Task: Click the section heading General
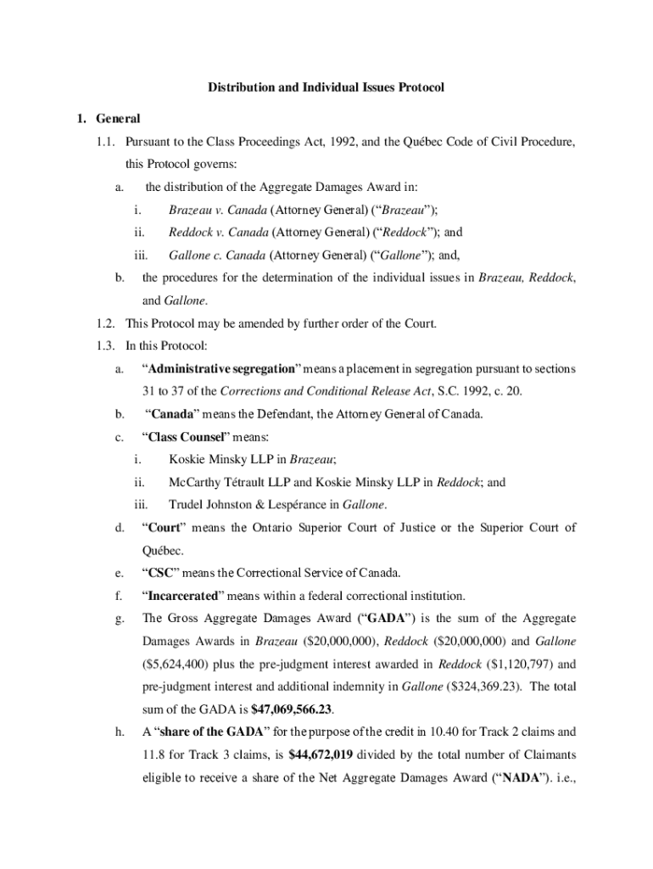(118, 118)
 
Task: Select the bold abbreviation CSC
(159, 573)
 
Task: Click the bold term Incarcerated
(182, 595)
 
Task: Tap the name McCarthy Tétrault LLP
(222, 482)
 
